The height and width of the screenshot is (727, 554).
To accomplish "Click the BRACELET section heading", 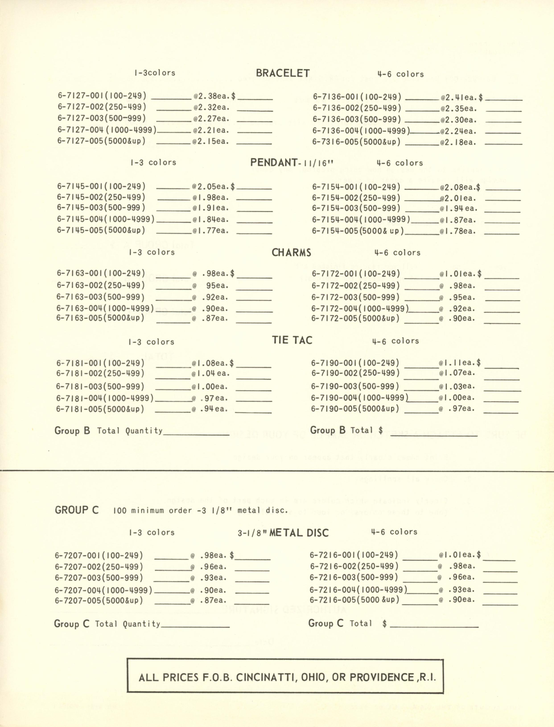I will (283, 73).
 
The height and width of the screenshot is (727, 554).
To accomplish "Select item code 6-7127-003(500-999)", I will (102, 118).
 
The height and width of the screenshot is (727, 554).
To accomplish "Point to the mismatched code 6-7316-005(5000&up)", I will (356, 142).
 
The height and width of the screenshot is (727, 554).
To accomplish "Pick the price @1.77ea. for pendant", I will (211, 231).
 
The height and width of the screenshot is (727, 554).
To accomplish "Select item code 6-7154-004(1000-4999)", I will (361, 220).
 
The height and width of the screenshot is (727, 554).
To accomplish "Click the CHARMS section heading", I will (291, 253).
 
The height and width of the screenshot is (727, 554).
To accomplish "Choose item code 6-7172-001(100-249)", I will (356, 274).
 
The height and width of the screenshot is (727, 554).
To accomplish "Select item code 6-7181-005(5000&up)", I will (100, 409).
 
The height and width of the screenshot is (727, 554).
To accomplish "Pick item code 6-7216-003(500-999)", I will (354, 577).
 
